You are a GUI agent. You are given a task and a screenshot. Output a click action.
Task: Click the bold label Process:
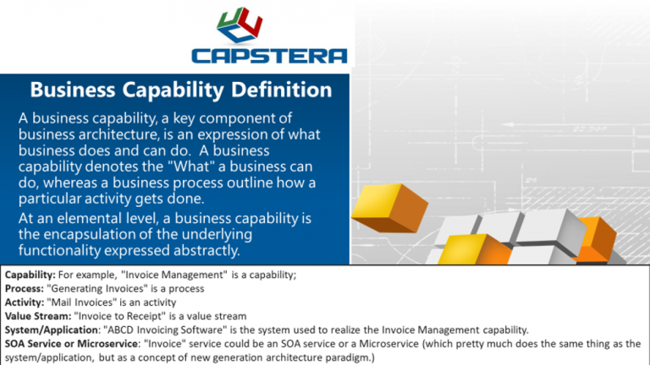click(x=25, y=288)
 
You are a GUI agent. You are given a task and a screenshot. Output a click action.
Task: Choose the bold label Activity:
click(x=25, y=302)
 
